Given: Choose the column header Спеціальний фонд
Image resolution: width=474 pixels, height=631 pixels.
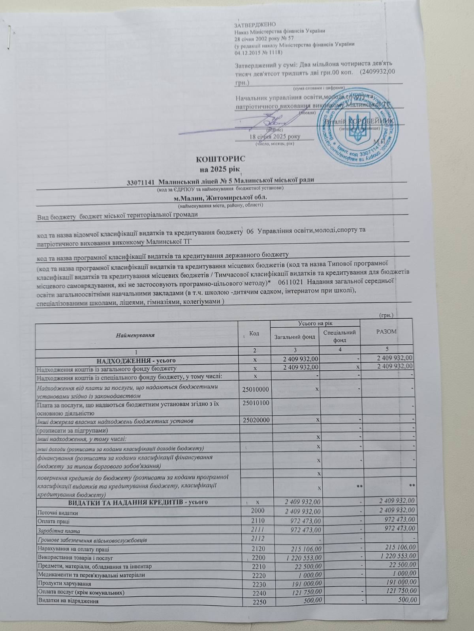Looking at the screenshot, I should [x=340, y=336].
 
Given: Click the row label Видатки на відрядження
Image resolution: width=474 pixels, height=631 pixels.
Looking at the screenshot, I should [x=68, y=601].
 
